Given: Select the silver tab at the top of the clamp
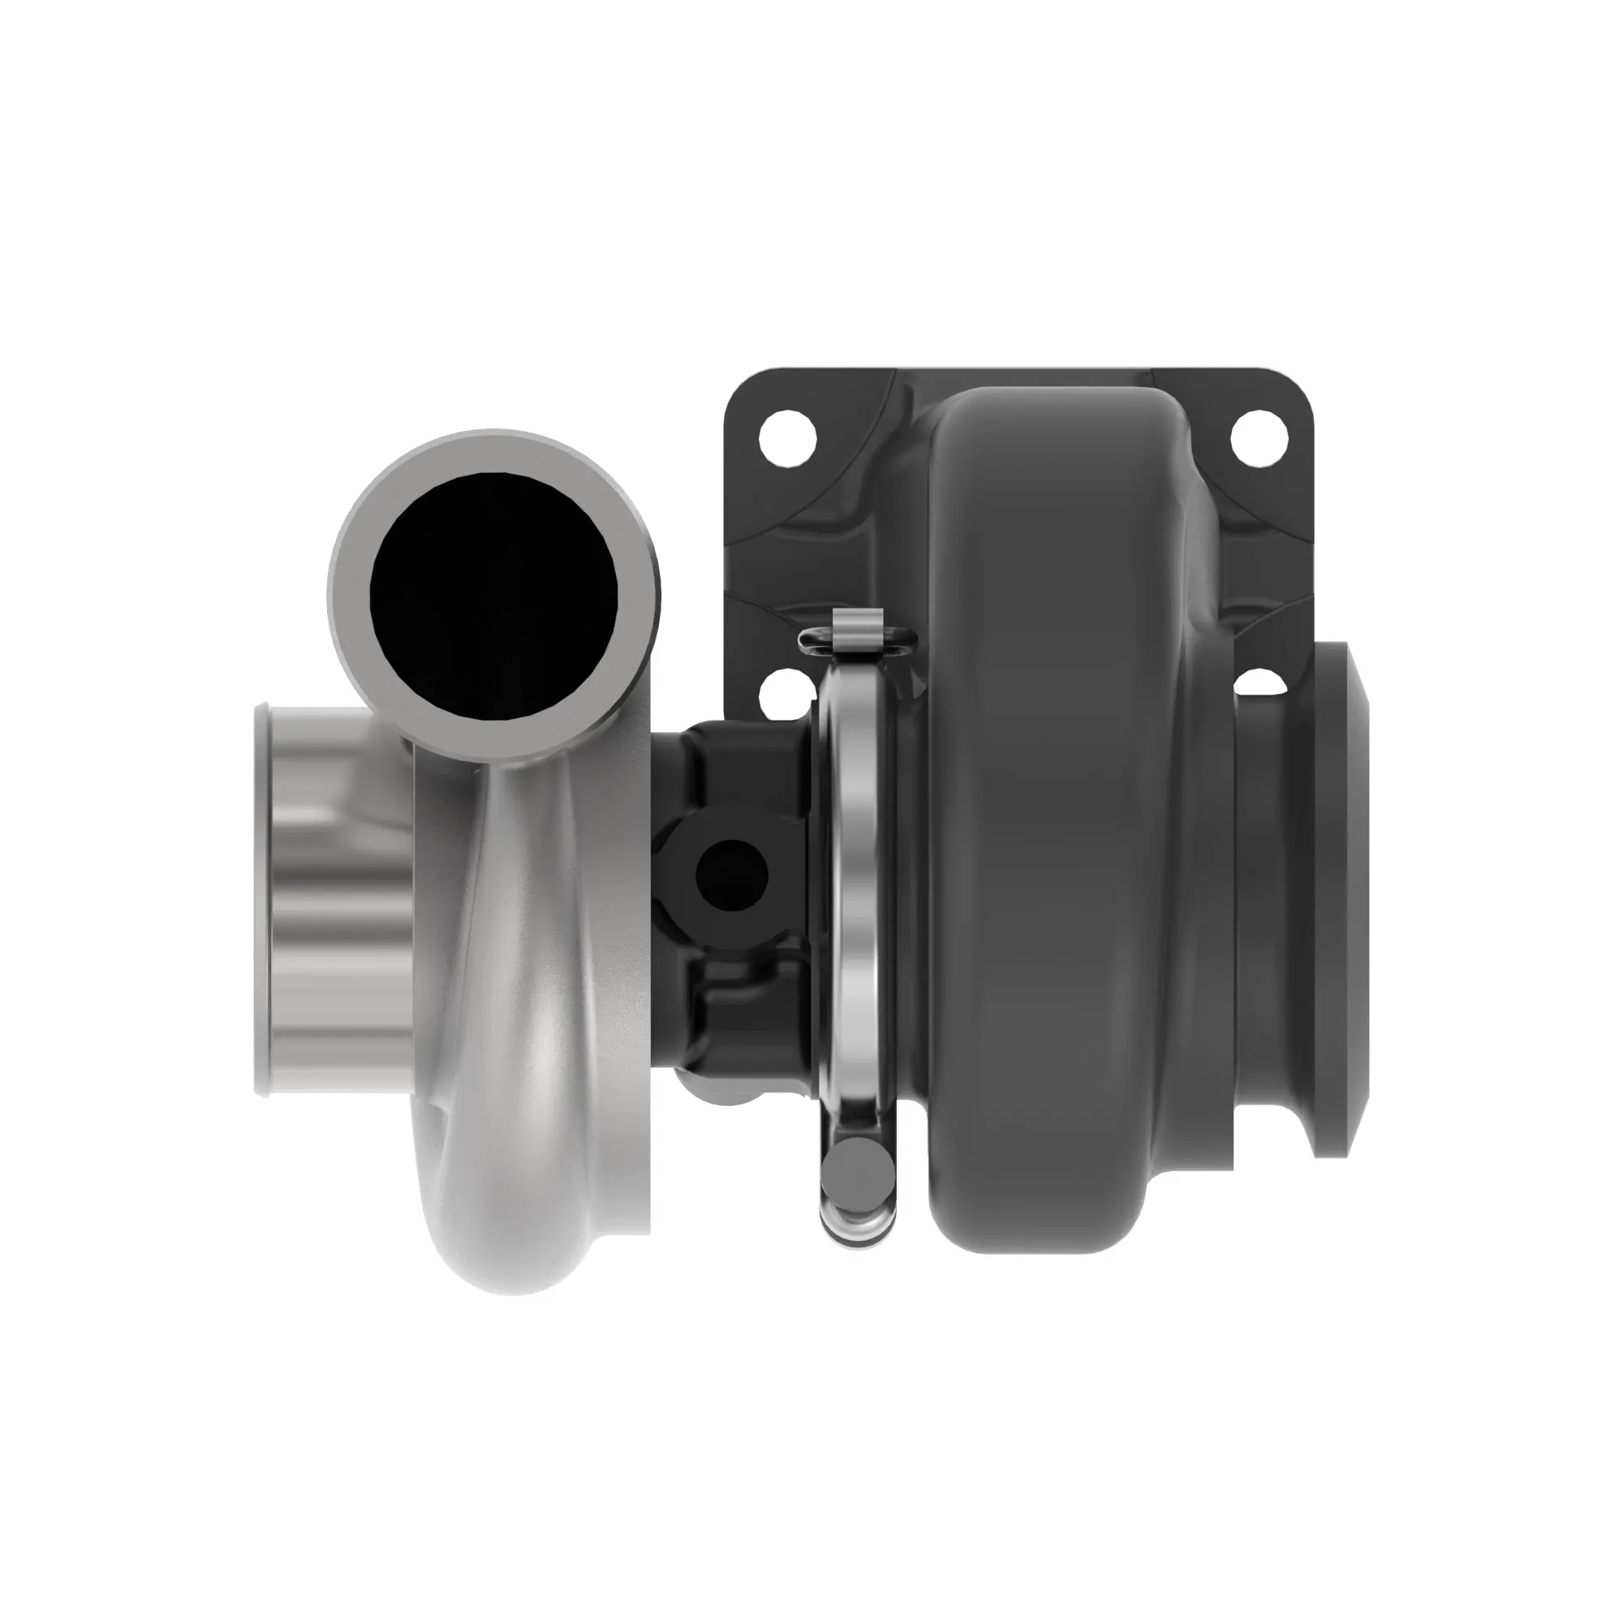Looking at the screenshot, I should (x=858, y=634).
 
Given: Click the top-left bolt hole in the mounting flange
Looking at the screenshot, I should (x=787, y=437).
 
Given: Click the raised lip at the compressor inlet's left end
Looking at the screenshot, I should (x=262, y=899).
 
